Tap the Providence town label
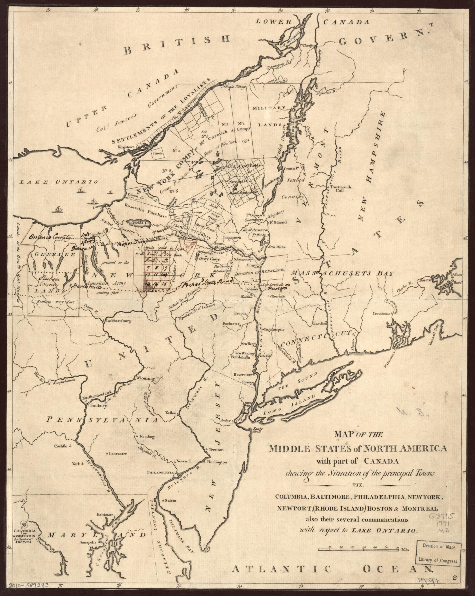click(382, 313)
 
